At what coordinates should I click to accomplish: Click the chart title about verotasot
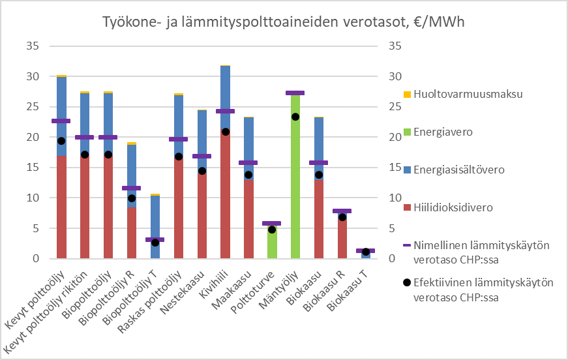click(x=284, y=22)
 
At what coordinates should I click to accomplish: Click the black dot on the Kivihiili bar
click(x=225, y=132)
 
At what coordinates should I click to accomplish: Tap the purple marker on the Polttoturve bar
click(x=272, y=223)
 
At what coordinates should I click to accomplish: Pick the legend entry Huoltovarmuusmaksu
click(x=464, y=94)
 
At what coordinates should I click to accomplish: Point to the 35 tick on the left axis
click(x=32, y=46)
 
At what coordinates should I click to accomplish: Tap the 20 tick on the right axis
click(x=396, y=138)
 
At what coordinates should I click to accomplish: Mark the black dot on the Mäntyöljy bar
click(x=295, y=117)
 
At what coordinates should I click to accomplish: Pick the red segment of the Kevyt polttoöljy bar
click(x=61, y=209)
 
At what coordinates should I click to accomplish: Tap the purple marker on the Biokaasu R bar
click(x=342, y=211)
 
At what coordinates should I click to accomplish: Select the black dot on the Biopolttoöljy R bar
click(x=132, y=198)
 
